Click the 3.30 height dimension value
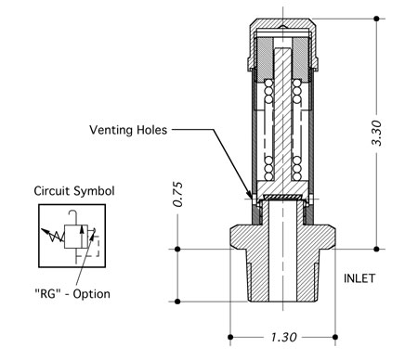pos(377,133)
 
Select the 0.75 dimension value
pos(178,194)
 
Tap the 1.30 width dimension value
pos(283,337)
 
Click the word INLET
pos(359,278)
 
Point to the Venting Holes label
pos(128,130)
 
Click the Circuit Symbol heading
pos(74,191)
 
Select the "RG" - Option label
pos(72,293)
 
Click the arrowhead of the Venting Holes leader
pos(251,196)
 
